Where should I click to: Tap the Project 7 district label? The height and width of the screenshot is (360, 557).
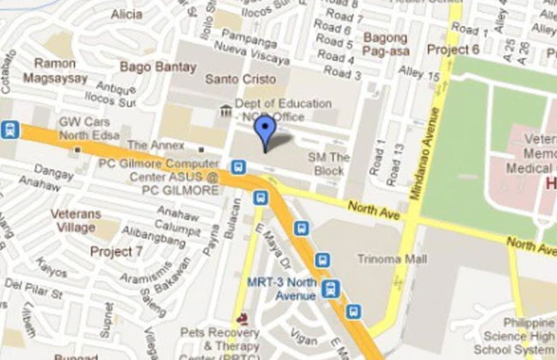pyautogui.click(x=117, y=251)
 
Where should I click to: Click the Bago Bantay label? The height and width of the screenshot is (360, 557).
pyautogui.click(x=153, y=65)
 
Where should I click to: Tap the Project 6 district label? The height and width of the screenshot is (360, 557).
pyautogui.click(x=453, y=49)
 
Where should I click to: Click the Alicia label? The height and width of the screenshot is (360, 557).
pyautogui.click(x=127, y=14)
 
